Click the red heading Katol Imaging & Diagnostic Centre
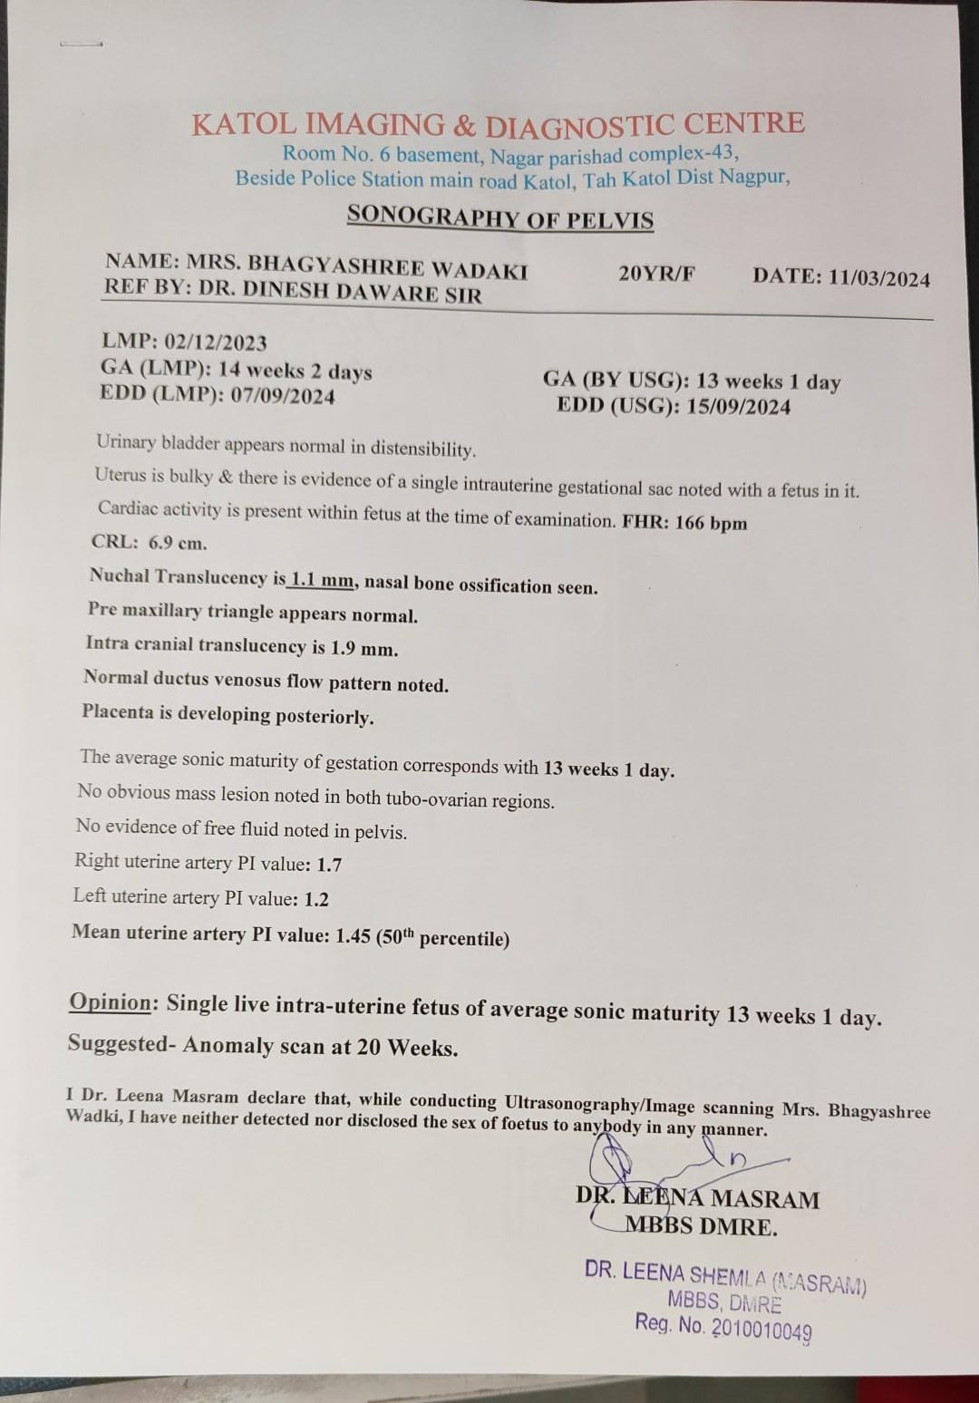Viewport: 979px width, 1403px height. [498, 124]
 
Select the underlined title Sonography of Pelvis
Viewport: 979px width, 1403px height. [500, 218]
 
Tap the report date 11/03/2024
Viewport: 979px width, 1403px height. [878, 278]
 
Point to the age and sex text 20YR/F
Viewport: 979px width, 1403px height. [656, 274]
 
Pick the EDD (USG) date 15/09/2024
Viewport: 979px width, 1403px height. [738, 406]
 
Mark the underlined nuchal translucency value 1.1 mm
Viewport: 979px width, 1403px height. [322, 580]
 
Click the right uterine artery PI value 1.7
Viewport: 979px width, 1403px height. [329, 865]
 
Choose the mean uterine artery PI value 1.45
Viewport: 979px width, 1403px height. [353, 935]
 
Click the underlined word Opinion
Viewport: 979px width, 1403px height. [111, 1001]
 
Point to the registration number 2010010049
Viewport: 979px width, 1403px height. [761, 1329]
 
